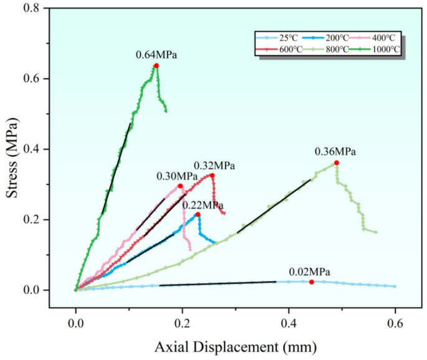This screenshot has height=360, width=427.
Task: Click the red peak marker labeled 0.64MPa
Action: (156, 65)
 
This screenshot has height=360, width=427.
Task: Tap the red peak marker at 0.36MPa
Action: (337, 163)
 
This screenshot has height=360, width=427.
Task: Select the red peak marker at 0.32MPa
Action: (212, 176)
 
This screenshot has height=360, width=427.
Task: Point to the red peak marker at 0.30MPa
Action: (180, 186)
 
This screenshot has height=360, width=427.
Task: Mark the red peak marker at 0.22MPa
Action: (198, 214)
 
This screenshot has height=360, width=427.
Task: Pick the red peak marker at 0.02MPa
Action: (312, 282)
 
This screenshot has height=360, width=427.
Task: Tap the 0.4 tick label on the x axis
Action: (289, 324)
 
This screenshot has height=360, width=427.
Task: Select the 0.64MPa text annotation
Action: (156, 55)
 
